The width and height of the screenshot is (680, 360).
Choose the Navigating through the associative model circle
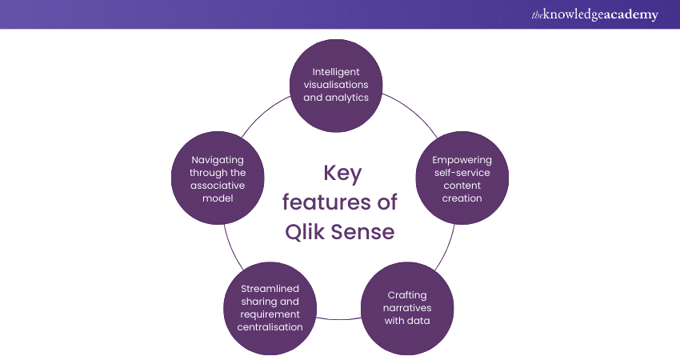[x=218, y=179]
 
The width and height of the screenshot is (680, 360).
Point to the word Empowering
[x=462, y=160]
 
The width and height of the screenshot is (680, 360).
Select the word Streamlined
[x=270, y=287]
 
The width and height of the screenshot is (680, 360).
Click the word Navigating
[x=218, y=160]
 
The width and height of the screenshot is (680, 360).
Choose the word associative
[x=218, y=186]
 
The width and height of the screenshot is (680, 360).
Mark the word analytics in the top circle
[x=353, y=98]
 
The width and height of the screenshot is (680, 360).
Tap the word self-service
[x=462, y=173]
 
